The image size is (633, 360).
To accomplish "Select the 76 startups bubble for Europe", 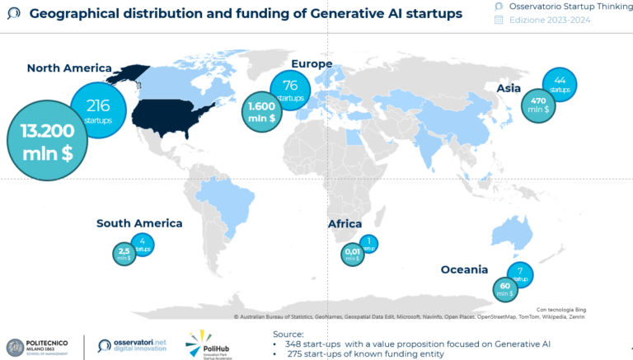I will point(290,89).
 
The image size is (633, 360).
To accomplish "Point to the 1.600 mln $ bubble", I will point(263,112).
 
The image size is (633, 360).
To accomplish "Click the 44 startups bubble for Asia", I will point(560,84).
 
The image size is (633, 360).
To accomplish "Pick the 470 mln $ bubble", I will point(538,106).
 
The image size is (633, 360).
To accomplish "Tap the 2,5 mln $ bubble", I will point(124,255).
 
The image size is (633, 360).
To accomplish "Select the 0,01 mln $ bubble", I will point(352,254).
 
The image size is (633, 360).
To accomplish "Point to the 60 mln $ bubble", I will point(504,290).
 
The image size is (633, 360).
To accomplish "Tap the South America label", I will point(139,223).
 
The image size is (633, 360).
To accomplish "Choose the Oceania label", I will point(464,269).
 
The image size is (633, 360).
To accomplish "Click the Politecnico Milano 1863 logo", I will point(44,347).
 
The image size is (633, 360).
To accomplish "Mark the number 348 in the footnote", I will point(294,343).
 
